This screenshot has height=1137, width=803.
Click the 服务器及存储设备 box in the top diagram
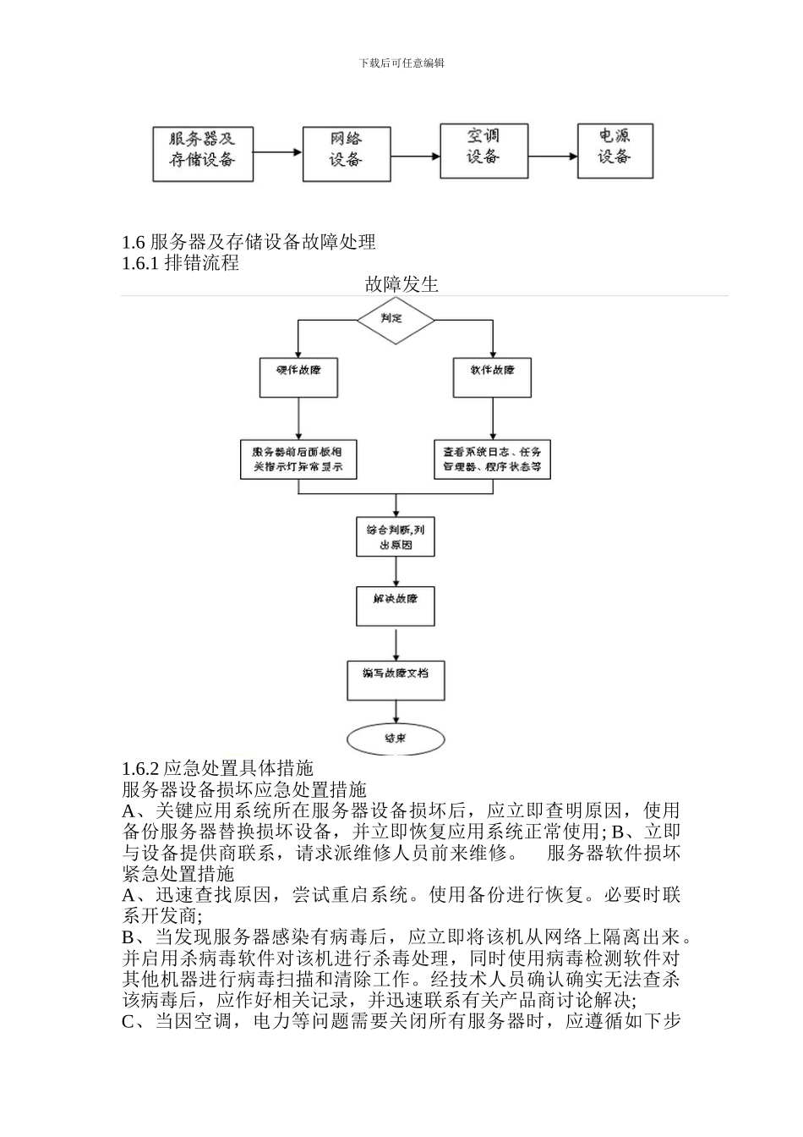pos(203,153)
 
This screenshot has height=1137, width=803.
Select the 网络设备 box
pos(346,153)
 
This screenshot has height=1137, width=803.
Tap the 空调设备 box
pos(484,151)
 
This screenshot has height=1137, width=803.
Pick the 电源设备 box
pos(615,151)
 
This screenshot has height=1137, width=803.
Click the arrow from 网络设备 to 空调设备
pos(415,156)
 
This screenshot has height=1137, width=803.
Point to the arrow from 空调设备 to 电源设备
pos(553,156)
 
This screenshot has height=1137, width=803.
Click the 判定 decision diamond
pos(395,320)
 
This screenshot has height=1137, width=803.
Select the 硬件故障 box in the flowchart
pos(298,376)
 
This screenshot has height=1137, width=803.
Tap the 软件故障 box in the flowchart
pos(493,376)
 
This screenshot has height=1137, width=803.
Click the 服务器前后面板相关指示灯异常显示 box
pos(298,459)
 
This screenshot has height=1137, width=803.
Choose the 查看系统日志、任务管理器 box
pos(493,459)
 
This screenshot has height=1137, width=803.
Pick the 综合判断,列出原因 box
pos(396,536)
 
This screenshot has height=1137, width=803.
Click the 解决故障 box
pos(396,604)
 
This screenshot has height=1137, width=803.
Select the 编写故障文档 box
pos(396,679)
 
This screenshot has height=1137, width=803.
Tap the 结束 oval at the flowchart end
pos(396,738)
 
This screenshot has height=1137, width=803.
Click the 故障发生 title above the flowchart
pos(401,284)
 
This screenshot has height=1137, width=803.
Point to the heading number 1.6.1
pos(140,263)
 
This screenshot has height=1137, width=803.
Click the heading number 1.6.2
pos(140,768)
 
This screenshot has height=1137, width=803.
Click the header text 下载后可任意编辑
pos(401,63)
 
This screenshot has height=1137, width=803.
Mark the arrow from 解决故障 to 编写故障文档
pos(396,643)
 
